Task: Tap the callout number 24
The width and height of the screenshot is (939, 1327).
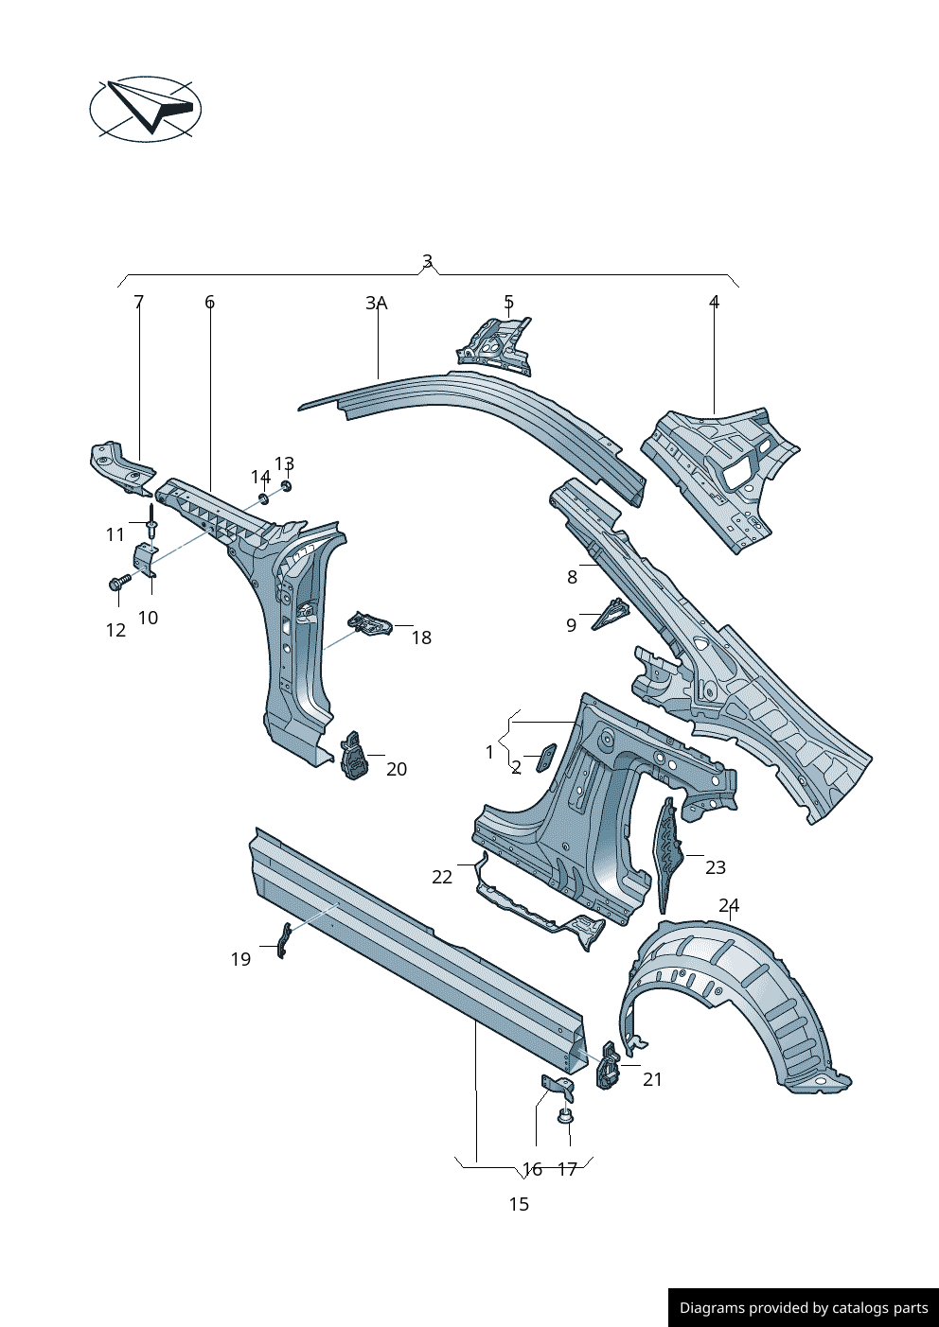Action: (729, 905)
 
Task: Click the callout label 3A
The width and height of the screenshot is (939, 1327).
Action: (377, 303)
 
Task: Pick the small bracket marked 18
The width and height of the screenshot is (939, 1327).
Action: (370, 624)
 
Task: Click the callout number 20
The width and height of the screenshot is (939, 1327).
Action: (397, 769)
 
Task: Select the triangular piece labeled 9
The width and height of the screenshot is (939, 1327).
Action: (610, 616)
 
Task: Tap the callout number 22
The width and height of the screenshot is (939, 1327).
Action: (442, 877)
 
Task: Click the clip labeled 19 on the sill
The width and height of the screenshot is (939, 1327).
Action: (282, 939)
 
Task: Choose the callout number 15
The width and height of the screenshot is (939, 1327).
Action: (519, 1204)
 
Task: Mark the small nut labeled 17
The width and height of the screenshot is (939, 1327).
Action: (565, 1117)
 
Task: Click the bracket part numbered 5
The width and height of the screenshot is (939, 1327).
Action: (495, 344)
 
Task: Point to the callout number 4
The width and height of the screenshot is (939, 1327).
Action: (715, 302)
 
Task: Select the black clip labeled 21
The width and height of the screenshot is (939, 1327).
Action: (607, 1066)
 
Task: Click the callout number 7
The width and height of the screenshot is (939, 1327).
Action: (139, 302)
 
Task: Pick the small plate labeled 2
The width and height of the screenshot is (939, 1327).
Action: (546, 757)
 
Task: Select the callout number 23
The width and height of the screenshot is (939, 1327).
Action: (716, 867)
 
